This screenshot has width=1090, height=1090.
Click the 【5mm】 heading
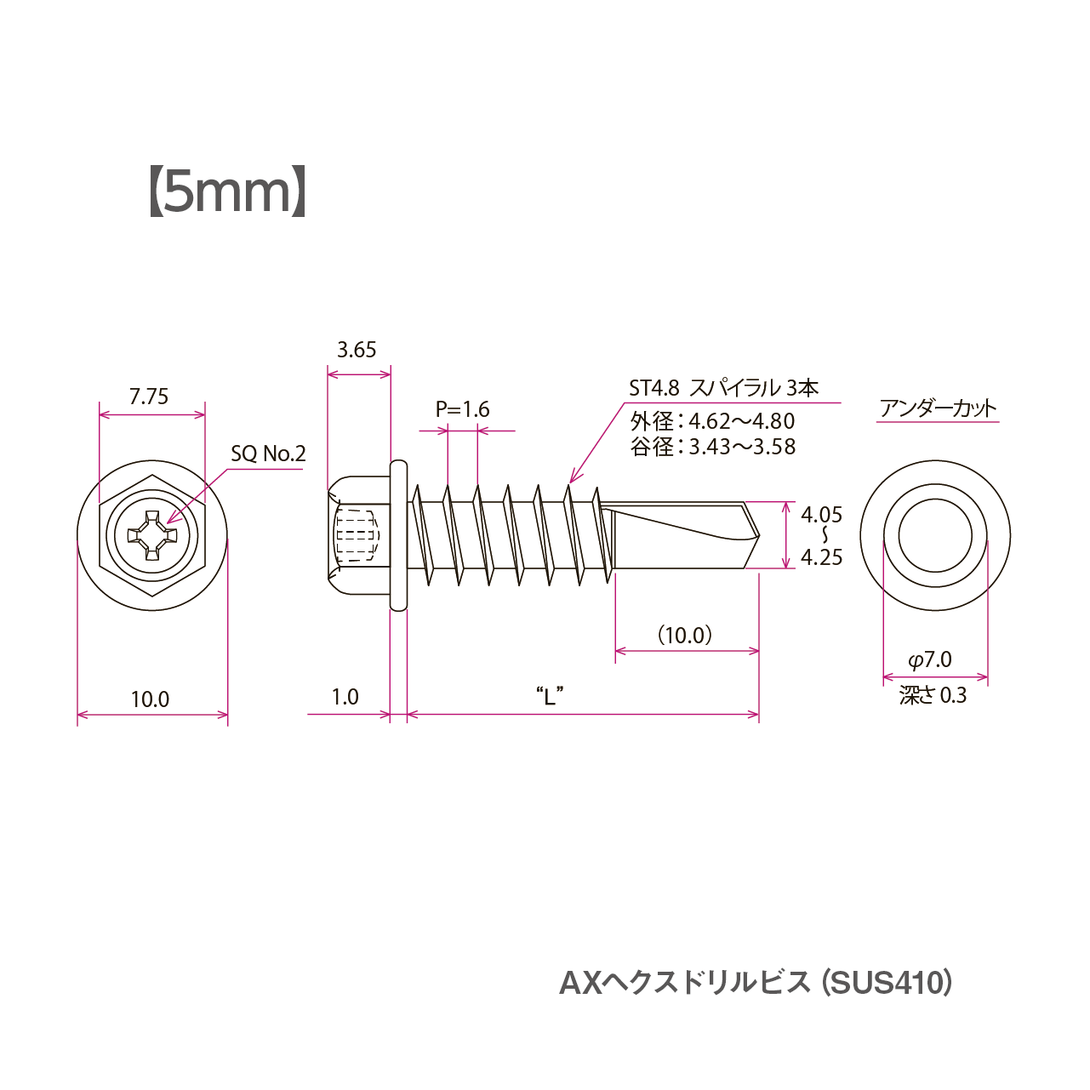pos(227,192)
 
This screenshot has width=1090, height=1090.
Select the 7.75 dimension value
pos(149,397)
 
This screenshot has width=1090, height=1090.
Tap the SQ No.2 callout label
pos(268,454)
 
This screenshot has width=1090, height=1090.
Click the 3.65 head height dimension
pos(357,350)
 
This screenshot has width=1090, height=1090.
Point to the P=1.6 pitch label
pos(463,409)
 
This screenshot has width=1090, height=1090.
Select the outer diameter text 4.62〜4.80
pos(741,421)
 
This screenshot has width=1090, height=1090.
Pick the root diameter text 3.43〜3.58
pos(742,447)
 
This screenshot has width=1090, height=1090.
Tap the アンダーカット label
pos(938,408)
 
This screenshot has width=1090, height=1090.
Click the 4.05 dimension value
pos(821,515)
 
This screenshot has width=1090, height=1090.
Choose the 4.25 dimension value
pos(821,557)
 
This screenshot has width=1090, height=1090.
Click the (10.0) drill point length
pos(685,636)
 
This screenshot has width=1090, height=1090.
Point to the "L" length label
pos(550,696)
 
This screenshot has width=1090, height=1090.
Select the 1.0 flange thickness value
pos(345,698)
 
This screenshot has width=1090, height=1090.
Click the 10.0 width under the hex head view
pos(150,699)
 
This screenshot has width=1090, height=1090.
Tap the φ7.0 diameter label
pos(930,660)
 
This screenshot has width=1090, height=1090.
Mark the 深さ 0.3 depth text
pos(933,696)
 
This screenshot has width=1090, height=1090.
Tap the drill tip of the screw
pos(754,534)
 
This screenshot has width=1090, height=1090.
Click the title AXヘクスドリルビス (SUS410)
pos(756,983)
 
